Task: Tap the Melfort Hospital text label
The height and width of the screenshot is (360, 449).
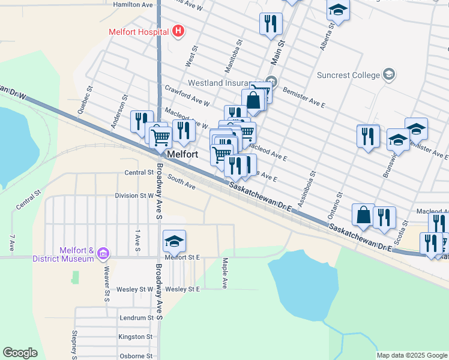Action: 138,31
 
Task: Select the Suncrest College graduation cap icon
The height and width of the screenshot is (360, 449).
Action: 389,74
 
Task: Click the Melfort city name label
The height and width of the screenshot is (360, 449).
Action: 182,154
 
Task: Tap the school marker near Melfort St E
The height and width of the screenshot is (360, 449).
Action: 174,241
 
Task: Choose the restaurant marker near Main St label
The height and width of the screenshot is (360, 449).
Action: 271,23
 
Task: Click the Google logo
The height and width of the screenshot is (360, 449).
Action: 20,353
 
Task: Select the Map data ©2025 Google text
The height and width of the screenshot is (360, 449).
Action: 411,355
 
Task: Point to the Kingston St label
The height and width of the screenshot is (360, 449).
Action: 136,337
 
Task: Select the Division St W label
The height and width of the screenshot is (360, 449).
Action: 134,196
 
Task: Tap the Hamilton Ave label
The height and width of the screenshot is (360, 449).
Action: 133,4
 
